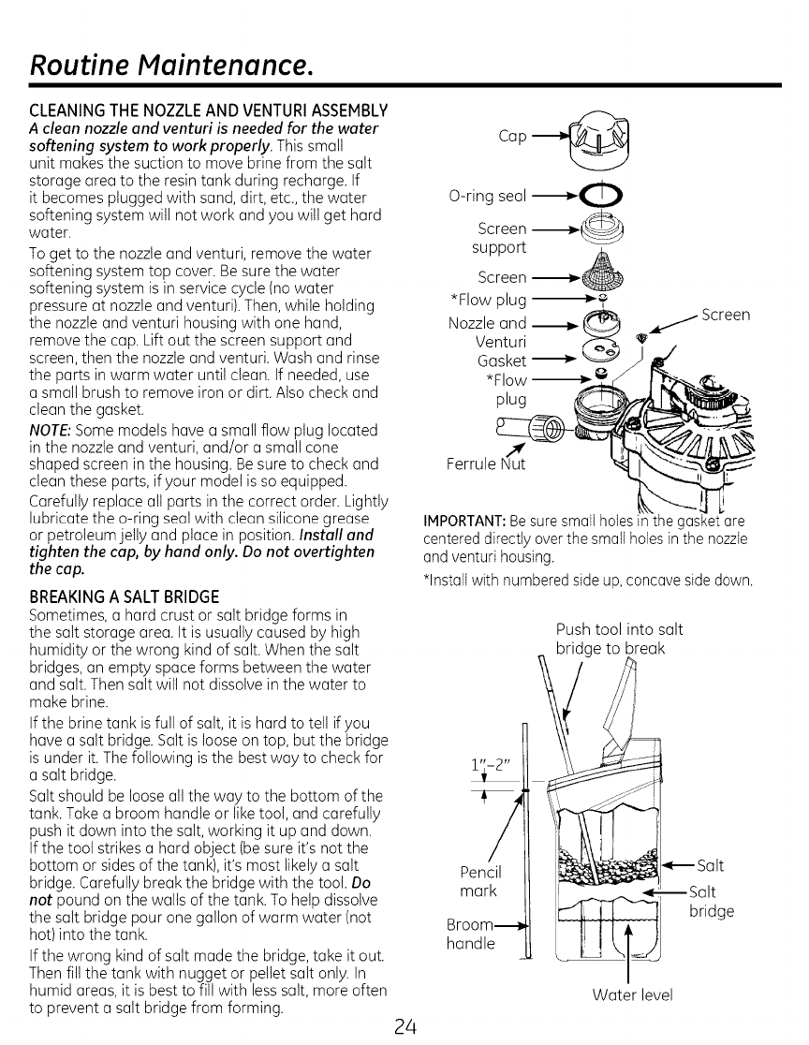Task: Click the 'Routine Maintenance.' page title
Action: click(168, 65)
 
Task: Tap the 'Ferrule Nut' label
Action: click(488, 464)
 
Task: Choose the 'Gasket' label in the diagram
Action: click(502, 361)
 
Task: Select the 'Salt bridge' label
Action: click(711, 901)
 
